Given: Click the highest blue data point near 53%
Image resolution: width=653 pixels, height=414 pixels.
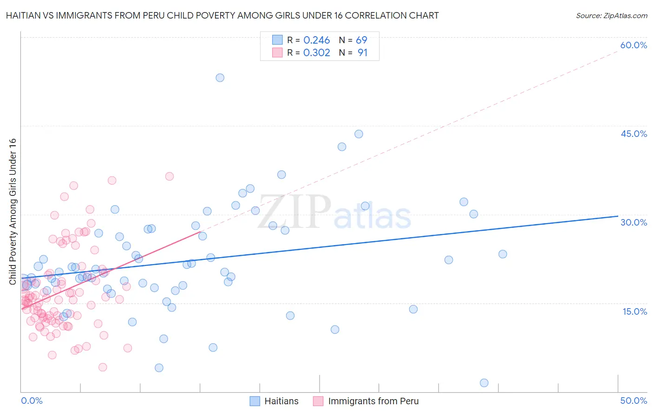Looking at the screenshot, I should [x=220, y=78].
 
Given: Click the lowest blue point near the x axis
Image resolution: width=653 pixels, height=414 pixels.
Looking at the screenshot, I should [x=484, y=383].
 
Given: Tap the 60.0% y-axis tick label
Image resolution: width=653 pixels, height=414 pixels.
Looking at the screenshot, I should [x=633, y=45].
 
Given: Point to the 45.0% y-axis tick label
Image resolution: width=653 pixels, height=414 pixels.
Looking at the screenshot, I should [x=633, y=134].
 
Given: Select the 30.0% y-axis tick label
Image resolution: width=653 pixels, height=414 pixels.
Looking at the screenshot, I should [x=633, y=222].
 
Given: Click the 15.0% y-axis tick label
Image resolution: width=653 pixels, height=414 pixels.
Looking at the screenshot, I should [x=634, y=311].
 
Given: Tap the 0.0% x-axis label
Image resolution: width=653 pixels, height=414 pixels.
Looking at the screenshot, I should [x=32, y=401].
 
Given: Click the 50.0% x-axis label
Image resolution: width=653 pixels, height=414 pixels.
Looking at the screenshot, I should [x=633, y=401].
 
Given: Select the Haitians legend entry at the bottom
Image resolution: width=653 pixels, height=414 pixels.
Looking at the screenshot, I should [x=274, y=401].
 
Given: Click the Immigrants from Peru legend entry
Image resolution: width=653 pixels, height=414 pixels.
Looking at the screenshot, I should [x=366, y=401].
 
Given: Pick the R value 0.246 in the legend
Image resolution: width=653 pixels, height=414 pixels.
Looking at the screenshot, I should [x=316, y=40].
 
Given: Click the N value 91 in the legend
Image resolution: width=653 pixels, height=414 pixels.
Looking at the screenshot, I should [x=362, y=53].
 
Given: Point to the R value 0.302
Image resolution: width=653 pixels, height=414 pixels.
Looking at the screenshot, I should [x=316, y=53].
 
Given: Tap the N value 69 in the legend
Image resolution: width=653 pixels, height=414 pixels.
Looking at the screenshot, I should [x=361, y=40].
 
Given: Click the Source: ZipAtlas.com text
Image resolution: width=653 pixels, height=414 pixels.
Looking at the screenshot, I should [x=611, y=16].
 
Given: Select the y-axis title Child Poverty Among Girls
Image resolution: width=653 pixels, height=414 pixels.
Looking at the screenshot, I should [x=13, y=211].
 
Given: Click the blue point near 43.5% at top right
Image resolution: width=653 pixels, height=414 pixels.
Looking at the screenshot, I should [x=359, y=134].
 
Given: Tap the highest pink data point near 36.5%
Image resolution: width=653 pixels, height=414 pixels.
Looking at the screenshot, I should [x=170, y=176].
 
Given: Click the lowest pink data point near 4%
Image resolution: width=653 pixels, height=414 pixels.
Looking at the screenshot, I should [x=103, y=367].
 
